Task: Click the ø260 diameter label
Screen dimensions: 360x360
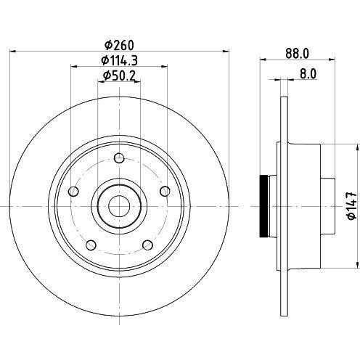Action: click(119, 45)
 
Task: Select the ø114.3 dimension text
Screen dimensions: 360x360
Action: click(119, 60)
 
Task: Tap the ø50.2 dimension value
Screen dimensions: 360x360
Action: click(119, 75)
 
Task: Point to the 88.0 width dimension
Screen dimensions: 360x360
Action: click(297, 54)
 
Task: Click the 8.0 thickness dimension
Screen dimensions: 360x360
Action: click(308, 74)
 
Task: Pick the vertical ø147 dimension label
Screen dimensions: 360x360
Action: click(352, 206)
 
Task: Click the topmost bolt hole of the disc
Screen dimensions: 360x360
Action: click(119, 158)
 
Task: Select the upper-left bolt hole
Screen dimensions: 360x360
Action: click(73, 192)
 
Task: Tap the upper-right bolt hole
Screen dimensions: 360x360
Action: click(165, 192)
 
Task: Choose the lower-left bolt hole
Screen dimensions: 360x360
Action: click(91, 245)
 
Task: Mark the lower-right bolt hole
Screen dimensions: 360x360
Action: click(147, 245)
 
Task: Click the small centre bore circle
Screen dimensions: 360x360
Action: click(119, 206)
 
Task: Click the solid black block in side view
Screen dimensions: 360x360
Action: click(263, 206)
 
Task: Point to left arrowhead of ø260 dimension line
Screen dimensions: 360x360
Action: click(12, 51)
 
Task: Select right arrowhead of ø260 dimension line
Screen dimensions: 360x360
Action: click(226, 51)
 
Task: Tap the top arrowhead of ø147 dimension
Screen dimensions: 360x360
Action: click(357, 147)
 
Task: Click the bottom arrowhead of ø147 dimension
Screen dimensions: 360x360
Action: click(357, 265)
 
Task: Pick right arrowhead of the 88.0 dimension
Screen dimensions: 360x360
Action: click(332, 59)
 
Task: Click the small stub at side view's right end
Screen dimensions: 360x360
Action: click(328, 206)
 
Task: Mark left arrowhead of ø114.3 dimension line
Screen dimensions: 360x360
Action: click(73, 66)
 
